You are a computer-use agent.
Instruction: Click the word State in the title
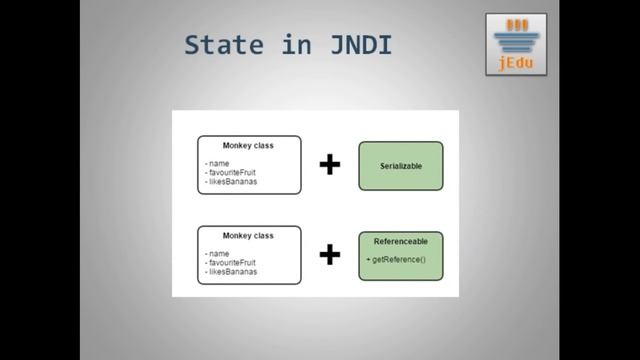coord(222,46)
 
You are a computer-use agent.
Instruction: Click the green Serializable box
coord(400,166)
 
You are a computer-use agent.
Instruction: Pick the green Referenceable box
coord(400,255)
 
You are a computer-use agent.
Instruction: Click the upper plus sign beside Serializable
coord(329,164)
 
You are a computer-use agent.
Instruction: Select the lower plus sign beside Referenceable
coord(329,255)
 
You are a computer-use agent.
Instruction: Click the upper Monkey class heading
coord(248,145)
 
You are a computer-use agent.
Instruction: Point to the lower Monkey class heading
coord(248,236)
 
